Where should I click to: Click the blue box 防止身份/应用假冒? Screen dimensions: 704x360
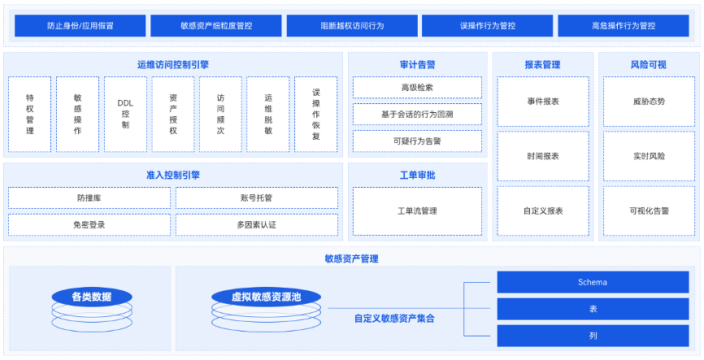pyautogui.click(x=80, y=25)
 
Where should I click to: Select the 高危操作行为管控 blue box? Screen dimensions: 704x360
pyautogui.click(x=624, y=25)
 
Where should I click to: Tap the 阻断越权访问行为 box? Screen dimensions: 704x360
pyautogui.click(x=352, y=25)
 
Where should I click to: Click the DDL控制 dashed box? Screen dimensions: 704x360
pyautogui.click(x=125, y=114)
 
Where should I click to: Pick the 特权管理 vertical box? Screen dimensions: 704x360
pyautogui.click(x=29, y=114)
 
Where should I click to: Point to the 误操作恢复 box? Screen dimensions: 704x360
pyautogui.click(x=316, y=114)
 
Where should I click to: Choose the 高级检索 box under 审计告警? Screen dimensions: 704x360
pyautogui.click(x=417, y=87)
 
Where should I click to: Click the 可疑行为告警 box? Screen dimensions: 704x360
pyautogui.click(x=417, y=141)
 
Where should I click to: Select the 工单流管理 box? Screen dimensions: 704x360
pyautogui.click(x=417, y=211)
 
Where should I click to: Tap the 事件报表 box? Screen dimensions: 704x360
pyautogui.click(x=543, y=102)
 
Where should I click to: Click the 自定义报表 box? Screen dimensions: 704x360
pyautogui.click(x=543, y=210)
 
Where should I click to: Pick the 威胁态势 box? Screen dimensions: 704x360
pyautogui.click(x=649, y=102)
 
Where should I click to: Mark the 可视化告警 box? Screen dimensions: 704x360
pyautogui.click(x=649, y=210)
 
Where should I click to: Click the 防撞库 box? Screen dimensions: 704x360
pyautogui.click(x=89, y=197)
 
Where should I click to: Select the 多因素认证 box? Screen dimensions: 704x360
pyautogui.click(x=256, y=224)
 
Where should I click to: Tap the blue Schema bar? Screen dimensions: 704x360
pyautogui.click(x=593, y=282)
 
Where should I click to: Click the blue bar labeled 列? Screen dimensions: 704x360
pyautogui.click(x=593, y=336)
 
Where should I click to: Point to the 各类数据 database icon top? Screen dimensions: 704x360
pyautogui.click(x=92, y=297)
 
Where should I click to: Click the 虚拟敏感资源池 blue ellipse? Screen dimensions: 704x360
pyautogui.click(x=267, y=297)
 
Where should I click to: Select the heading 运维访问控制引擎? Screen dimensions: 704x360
pyautogui.click(x=173, y=65)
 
